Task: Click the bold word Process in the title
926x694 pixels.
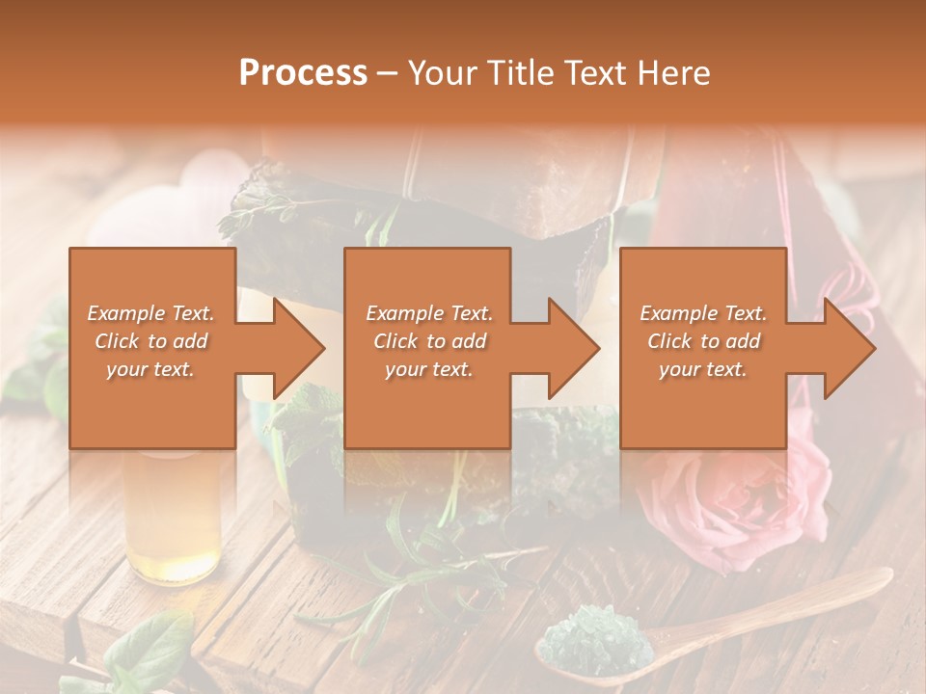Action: tap(303, 72)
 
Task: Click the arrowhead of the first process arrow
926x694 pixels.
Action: tap(299, 348)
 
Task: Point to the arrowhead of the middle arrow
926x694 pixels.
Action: tap(574, 348)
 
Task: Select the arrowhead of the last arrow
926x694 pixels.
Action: tap(849, 348)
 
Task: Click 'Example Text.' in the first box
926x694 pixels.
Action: tap(150, 313)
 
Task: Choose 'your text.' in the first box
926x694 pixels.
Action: tap(150, 369)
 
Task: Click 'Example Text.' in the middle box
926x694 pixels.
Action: tap(429, 313)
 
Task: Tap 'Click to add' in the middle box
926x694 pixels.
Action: tap(429, 341)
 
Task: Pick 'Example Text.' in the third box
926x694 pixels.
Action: tap(703, 313)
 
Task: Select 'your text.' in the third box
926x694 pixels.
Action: tap(703, 369)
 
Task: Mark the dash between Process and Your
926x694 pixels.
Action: tap(388, 73)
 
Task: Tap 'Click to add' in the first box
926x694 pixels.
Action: tap(150, 341)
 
